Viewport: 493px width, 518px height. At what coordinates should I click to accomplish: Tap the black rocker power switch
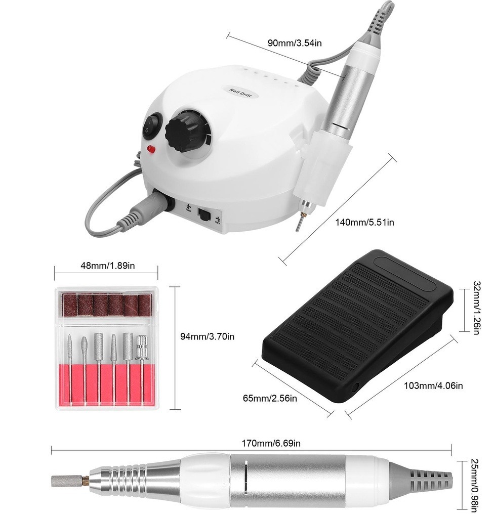pos(152,125)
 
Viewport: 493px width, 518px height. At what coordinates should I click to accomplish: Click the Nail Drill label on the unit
pos(240,93)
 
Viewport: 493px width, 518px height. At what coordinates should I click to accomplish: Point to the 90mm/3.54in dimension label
pos(295,43)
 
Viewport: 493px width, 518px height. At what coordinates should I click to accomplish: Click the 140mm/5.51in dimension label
pos(365,222)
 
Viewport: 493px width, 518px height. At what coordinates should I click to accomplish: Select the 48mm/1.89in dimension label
pos(108,266)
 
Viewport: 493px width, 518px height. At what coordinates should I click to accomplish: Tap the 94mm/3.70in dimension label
pos(208,336)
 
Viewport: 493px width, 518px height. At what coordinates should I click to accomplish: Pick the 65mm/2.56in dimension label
pos(270,398)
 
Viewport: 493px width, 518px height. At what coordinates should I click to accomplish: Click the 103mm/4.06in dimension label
pos(433,385)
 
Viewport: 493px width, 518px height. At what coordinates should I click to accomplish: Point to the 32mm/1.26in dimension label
pos(476,308)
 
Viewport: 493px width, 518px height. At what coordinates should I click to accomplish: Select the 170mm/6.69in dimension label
pos(271,443)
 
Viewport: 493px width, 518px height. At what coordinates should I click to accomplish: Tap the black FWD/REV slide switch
pos(204,215)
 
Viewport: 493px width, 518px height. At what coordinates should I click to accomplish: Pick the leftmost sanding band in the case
pos(70,306)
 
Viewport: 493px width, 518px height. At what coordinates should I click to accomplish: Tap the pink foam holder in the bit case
pos(107,384)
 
